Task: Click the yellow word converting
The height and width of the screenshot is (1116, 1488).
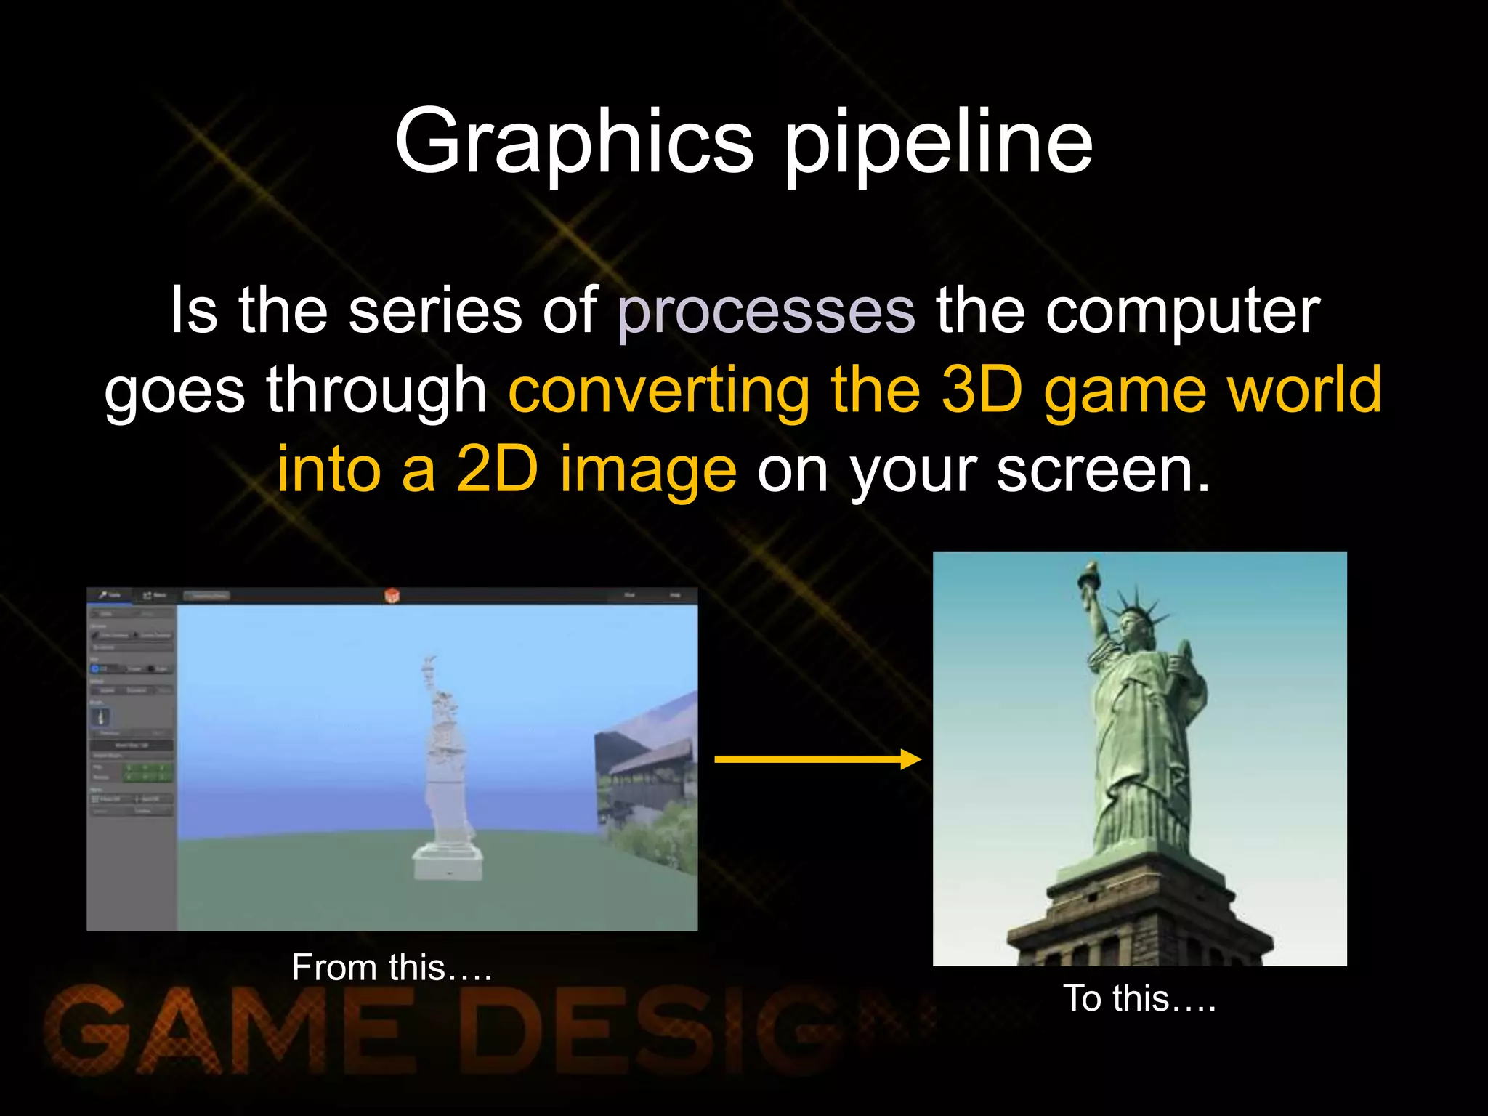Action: [658, 390]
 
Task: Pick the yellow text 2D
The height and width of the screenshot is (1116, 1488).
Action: [497, 469]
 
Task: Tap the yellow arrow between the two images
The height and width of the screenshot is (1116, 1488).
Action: [817, 759]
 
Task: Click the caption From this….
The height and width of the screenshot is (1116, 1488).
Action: [392, 968]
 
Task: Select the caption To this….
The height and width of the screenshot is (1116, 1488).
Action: [1139, 998]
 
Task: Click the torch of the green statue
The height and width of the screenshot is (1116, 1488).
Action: [1091, 574]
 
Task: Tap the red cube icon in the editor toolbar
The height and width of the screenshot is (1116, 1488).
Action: [392, 596]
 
